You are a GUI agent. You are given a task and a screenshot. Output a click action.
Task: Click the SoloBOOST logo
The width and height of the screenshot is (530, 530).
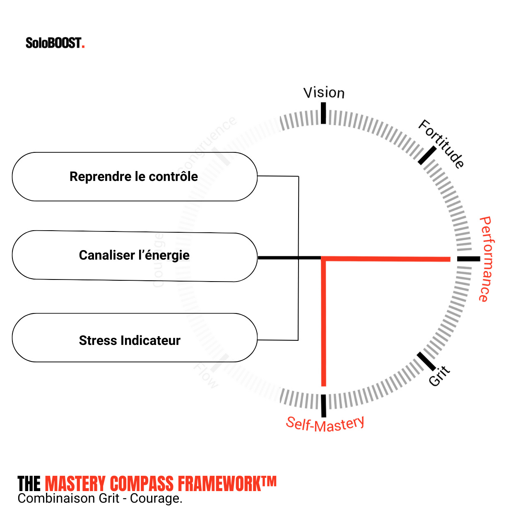55,43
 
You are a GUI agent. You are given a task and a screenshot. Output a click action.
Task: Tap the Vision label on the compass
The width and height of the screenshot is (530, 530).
324,93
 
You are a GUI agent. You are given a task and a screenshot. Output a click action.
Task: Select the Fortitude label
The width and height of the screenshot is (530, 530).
441,144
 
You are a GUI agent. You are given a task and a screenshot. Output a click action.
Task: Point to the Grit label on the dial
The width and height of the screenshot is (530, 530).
439,376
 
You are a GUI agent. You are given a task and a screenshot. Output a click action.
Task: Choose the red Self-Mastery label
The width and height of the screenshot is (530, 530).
325,424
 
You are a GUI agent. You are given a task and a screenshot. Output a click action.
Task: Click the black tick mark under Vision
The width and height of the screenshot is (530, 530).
323,113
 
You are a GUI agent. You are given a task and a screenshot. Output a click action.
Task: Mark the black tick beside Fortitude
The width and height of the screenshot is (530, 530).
427,155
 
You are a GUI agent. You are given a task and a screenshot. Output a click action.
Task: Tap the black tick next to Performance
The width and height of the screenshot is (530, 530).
468,259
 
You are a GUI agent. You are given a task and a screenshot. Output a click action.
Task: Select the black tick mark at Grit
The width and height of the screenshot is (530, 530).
426,361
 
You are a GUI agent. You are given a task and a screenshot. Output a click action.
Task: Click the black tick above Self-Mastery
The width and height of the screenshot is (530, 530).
323,405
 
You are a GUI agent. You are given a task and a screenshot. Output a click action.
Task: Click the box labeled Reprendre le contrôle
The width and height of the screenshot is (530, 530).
135,177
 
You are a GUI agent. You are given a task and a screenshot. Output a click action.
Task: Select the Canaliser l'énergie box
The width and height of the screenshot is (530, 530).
135,256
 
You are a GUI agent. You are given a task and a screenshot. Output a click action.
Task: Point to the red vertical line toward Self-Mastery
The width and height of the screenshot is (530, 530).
324,323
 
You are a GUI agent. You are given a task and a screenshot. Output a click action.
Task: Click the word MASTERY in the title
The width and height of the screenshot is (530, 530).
75,484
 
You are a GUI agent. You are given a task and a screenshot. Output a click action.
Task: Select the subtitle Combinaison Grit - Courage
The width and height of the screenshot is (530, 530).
100,499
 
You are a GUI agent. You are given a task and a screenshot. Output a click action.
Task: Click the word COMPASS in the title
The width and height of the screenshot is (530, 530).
142,484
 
